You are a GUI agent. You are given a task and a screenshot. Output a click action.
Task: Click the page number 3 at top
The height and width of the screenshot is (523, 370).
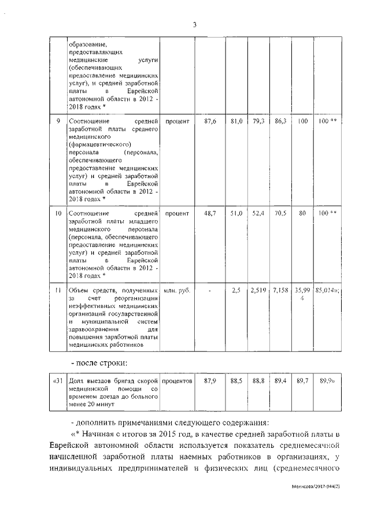click(x=194, y=24)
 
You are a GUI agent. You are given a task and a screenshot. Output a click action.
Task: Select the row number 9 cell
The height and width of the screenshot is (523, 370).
click(x=57, y=122)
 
